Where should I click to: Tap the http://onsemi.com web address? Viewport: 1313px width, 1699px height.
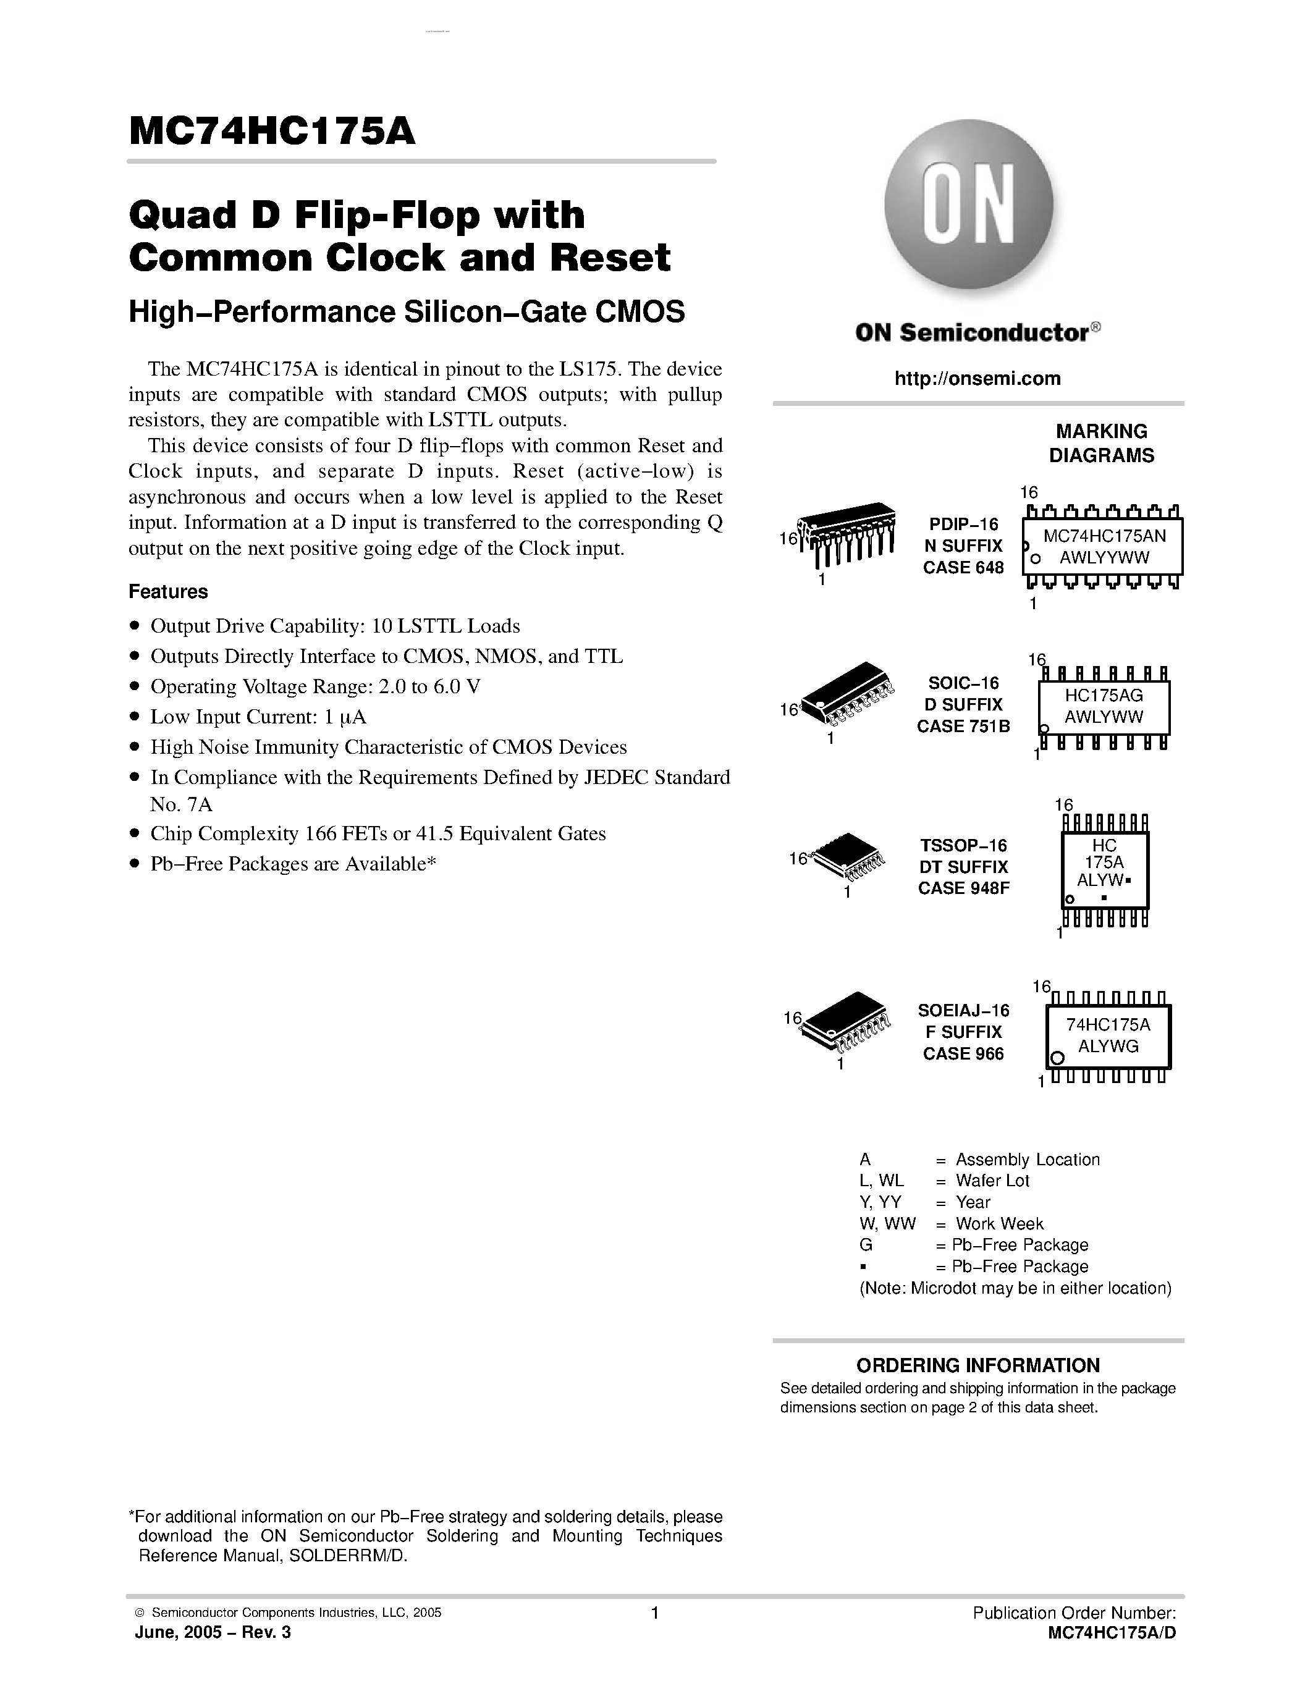click(977, 379)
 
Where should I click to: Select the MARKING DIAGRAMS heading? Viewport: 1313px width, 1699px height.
click(1102, 444)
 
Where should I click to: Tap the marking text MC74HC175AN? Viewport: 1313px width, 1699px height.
click(1104, 536)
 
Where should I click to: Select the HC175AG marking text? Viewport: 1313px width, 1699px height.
click(1104, 694)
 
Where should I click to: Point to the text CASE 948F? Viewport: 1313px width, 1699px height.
click(964, 888)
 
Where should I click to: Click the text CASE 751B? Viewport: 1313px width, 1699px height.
click(964, 727)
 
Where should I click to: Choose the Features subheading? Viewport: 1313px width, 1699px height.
click(168, 592)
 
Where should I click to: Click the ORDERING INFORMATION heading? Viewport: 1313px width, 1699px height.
click(977, 1365)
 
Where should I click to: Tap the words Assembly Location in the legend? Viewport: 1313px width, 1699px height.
click(1028, 1160)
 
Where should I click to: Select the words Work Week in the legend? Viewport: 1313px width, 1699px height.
click(1000, 1224)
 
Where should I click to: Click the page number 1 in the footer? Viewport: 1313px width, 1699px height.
click(655, 1613)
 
